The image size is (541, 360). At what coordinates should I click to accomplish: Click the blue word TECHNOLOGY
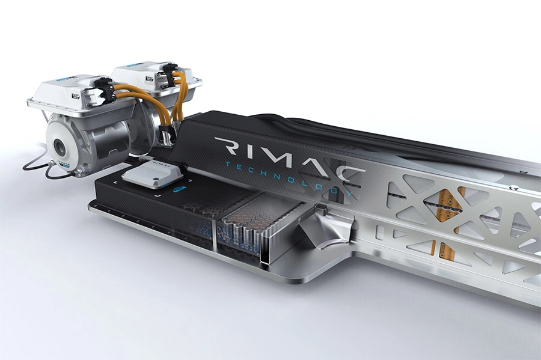click(289, 176)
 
